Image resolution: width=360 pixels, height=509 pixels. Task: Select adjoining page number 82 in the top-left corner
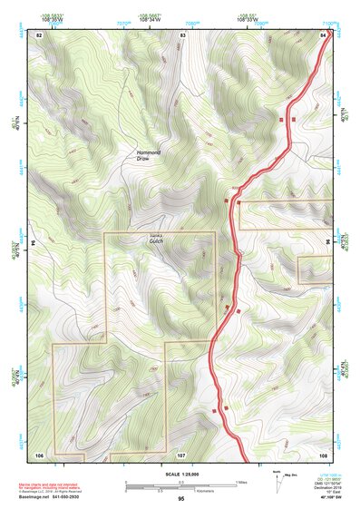tap(39, 34)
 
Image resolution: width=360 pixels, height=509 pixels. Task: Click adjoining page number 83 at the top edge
tap(183, 34)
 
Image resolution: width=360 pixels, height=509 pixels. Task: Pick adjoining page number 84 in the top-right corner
tap(324, 34)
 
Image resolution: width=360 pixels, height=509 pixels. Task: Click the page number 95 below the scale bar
tap(181, 498)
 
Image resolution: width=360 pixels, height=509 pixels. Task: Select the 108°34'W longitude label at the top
tap(151, 18)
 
